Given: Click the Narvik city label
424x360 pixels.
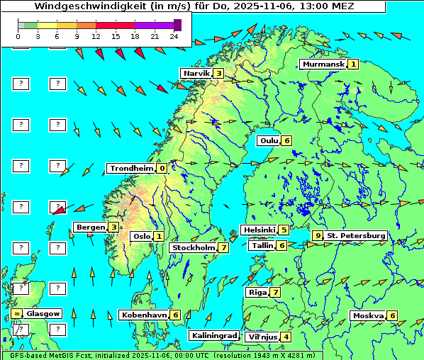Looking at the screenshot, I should (x=196, y=74).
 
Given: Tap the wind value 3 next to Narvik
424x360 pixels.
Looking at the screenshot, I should (x=218, y=74).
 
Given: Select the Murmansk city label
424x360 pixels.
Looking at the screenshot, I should (x=323, y=64).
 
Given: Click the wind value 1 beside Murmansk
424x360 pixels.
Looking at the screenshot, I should (x=352, y=64).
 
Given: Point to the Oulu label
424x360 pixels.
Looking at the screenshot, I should (x=269, y=140).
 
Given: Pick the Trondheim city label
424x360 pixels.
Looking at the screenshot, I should (x=131, y=169).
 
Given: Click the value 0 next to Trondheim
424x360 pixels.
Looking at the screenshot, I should (x=162, y=169).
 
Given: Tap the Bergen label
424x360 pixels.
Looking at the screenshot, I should (x=90, y=227).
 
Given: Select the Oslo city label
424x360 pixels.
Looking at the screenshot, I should (x=141, y=237).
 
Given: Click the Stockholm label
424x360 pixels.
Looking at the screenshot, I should (x=194, y=248).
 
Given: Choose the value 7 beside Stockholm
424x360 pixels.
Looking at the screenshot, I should (x=223, y=248).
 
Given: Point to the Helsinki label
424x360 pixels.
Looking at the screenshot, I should (x=258, y=230).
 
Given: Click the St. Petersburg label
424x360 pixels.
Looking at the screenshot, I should (x=356, y=235).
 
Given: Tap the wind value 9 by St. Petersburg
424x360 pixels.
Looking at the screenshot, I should (x=318, y=235).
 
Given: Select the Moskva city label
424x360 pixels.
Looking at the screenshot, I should (x=368, y=316).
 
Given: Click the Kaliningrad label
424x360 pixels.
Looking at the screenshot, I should (x=213, y=336).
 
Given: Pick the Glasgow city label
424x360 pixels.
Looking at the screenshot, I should (x=44, y=313).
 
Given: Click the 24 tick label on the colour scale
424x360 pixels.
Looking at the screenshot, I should (x=174, y=35).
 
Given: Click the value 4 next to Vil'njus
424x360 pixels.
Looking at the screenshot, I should (x=286, y=337).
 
